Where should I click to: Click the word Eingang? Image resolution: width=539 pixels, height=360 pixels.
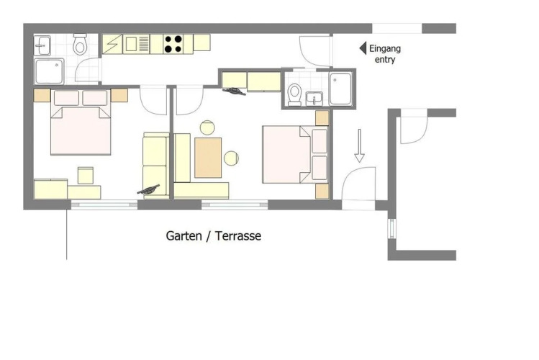[385, 48]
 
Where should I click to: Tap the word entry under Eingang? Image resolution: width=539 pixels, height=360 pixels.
[385, 60]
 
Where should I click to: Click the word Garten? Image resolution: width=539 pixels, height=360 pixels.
[184, 236]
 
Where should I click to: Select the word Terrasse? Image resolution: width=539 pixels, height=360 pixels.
[238, 236]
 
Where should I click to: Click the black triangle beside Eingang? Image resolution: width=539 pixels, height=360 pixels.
[363, 48]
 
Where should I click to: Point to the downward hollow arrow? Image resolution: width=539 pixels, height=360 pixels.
[359, 145]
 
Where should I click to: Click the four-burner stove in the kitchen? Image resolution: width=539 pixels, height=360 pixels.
[173, 44]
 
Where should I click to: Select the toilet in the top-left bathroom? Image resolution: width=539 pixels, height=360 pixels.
[80, 45]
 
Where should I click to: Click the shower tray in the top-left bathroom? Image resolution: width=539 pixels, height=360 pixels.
[49, 71]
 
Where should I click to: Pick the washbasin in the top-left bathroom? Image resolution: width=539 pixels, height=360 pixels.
[42, 45]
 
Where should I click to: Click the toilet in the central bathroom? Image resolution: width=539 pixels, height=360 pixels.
[294, 94]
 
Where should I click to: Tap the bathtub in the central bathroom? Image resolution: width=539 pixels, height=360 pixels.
[340, 89]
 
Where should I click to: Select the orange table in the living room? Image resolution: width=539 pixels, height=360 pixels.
[208, 158]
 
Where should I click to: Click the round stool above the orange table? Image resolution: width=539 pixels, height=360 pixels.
[207, 127]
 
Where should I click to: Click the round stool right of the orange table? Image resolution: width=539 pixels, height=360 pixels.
[231, 158]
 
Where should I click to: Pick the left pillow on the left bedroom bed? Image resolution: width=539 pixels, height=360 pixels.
[66, 98]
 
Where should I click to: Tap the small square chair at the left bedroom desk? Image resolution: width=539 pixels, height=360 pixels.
[86, 176]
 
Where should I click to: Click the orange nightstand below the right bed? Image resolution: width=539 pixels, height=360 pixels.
[322, 191]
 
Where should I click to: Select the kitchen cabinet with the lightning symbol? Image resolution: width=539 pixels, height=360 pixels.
[112, 44]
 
